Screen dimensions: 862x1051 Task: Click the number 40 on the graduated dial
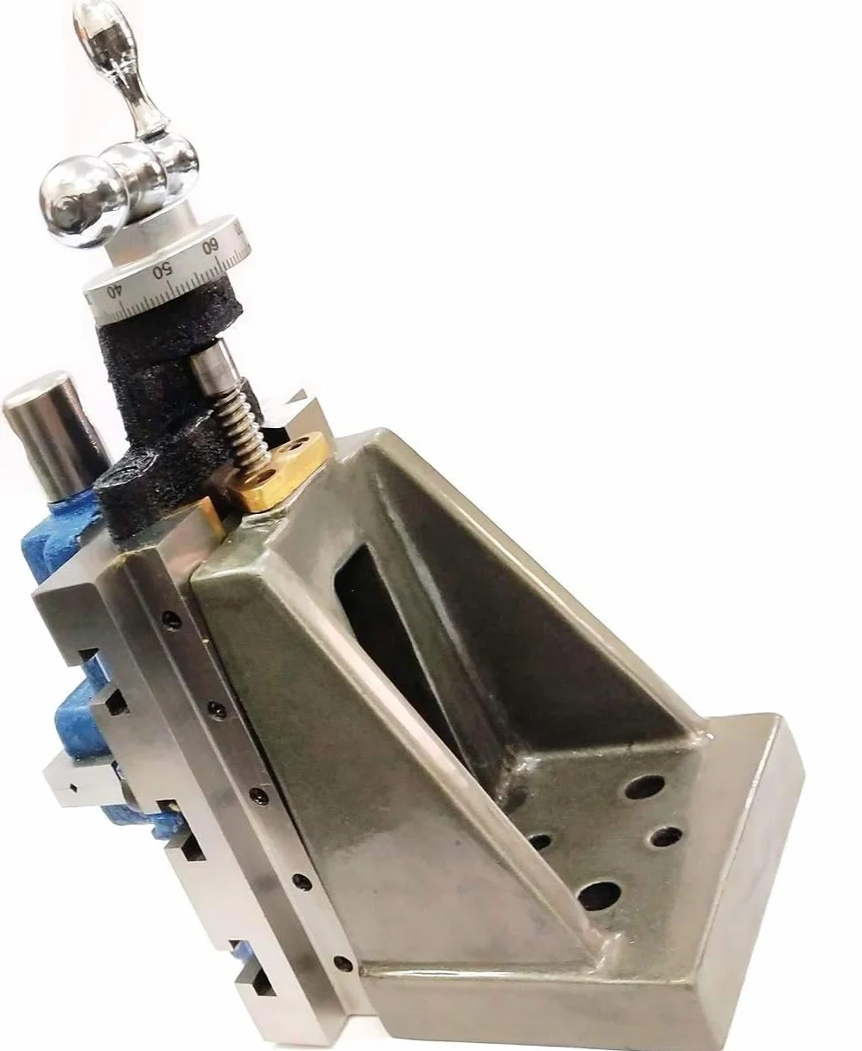point(116,292)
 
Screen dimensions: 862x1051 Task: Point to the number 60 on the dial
point(210,246)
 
